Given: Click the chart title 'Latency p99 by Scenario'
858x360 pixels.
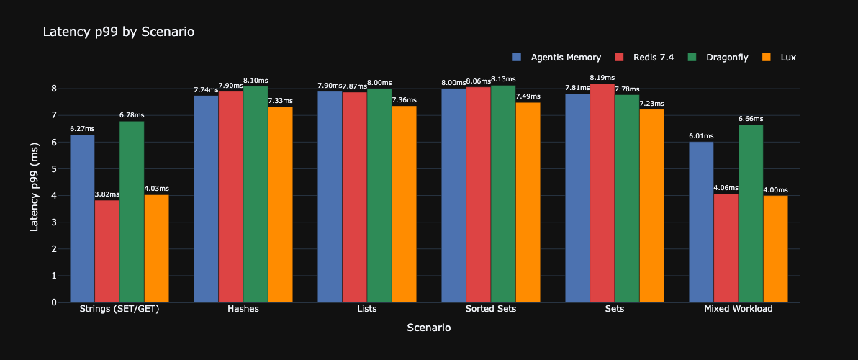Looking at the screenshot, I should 119,32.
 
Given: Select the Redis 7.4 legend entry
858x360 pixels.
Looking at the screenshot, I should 653,57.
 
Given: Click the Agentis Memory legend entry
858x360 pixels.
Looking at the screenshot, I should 565,57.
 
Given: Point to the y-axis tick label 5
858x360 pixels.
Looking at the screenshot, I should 54,169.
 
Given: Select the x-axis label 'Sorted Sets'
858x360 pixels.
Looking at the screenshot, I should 491,309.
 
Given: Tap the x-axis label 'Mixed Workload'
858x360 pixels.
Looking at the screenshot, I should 738,309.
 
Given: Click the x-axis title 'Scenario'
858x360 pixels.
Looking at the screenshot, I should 429,328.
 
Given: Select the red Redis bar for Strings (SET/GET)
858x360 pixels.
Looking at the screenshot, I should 107,251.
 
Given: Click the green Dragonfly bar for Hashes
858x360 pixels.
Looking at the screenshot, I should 256,194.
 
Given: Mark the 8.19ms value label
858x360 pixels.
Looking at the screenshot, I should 602,78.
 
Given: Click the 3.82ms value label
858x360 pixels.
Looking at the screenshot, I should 107,194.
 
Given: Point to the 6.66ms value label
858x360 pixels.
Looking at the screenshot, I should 751,119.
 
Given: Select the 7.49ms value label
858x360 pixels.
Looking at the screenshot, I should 528,96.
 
